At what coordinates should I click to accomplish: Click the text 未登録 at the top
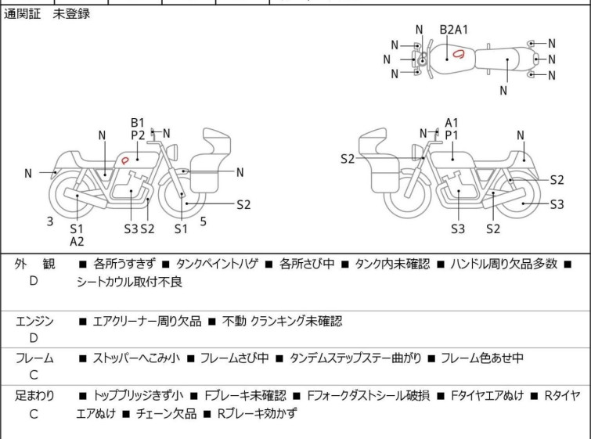[71, 13]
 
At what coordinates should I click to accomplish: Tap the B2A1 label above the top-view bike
[453, 30]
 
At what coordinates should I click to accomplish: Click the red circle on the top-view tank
[459, 54]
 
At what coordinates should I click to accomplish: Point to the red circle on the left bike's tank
[124, 160]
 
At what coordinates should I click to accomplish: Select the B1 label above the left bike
[138, 122]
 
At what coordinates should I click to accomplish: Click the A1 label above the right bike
[452, 122]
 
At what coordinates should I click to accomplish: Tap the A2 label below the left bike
[77, 242]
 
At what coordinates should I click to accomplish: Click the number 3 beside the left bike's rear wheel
[50, 221]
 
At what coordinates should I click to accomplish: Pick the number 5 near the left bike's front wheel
[203, 221]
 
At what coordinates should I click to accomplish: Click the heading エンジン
[34, 321]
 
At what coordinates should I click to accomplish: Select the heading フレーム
[34, 358]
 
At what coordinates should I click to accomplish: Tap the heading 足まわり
[34, 396]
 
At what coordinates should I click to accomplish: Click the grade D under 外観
[34, 280]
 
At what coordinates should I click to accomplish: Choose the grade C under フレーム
[34, 375]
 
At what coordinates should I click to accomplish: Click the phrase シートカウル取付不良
[129, 282]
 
